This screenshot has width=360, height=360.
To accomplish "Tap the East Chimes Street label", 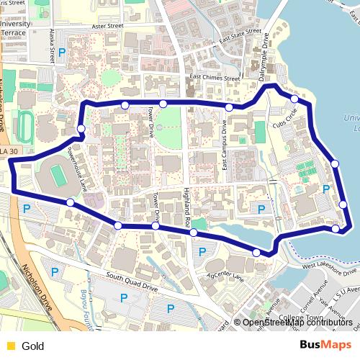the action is point(215,78).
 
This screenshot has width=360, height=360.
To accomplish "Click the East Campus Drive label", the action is point(225,145).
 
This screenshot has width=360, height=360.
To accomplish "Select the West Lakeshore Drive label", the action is point(329,269).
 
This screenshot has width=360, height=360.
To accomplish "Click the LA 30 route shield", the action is point(12,151).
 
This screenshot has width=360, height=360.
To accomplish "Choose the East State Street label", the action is point(240,35).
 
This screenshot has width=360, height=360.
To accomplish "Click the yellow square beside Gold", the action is point(10,346).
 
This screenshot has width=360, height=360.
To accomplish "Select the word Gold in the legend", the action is point(33,346).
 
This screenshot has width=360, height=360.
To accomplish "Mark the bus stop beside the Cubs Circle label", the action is point(294,99).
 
